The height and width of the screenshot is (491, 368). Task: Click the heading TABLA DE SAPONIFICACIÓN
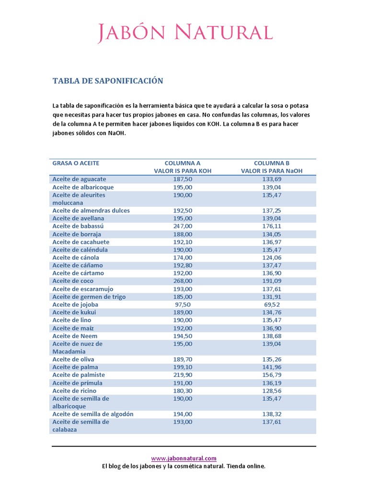tap(108, 81)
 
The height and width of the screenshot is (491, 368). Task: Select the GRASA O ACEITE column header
tap(76, 163)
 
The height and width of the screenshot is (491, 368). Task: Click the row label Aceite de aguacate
tap(79, 179)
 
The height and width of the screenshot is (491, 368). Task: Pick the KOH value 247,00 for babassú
tap(183, 226)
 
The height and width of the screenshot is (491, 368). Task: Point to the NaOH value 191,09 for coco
tap(272, 281)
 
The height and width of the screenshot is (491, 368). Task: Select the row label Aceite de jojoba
tap(75, 304)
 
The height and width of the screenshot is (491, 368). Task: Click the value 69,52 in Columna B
tap(272, 304)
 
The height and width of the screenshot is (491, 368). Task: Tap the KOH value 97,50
tap(183, 304)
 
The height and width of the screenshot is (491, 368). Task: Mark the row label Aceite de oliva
tap(73, 360)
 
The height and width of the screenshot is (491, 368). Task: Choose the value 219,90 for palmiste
tap(183, 375)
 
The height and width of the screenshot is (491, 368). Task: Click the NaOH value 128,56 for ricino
tap(272, 391)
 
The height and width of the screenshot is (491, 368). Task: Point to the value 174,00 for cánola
tap(183, 257)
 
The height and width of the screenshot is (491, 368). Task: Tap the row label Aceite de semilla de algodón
tap(93, 414)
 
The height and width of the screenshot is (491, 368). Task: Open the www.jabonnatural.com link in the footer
tap(184, 458)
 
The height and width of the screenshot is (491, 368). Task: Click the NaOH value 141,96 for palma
tap(272, 367)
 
